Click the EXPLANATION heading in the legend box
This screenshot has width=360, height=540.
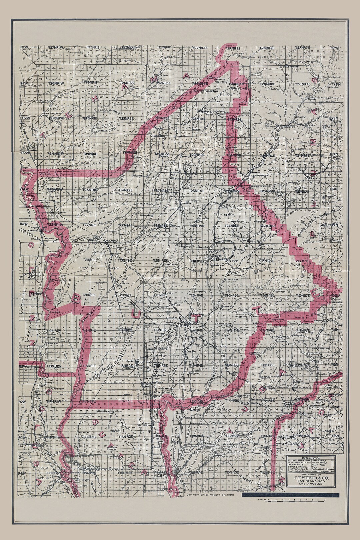point(311,458)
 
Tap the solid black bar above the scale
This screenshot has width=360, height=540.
point(290,495)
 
